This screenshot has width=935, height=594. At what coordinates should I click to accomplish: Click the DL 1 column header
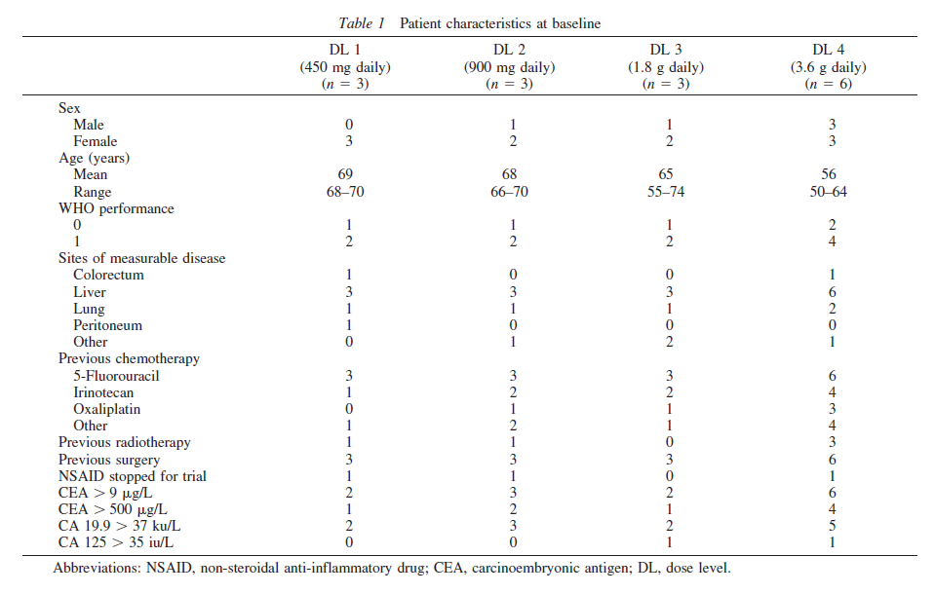345,50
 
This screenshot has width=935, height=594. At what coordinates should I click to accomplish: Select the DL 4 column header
829,50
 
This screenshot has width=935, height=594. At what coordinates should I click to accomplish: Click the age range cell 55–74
666,192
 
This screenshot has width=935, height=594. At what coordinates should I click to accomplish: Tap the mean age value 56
829,174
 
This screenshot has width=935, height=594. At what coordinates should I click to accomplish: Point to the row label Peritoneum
108,325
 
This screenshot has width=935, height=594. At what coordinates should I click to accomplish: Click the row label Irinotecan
103,392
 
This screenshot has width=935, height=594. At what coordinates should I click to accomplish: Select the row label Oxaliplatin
106,409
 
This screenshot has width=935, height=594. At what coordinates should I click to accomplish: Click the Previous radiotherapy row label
125,443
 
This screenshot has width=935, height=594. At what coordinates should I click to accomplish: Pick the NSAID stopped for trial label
133,476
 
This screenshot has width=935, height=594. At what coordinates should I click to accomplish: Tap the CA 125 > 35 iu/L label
116,542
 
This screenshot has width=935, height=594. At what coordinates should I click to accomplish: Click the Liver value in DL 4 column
833,292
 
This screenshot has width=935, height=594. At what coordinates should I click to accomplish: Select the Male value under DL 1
349,125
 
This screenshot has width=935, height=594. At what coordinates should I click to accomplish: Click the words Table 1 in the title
362,23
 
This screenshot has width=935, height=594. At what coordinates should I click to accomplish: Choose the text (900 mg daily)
509,67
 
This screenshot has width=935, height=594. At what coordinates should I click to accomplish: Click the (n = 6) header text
829,84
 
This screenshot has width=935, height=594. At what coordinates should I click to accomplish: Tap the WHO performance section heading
116,208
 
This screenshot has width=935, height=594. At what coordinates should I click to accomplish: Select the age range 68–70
345,192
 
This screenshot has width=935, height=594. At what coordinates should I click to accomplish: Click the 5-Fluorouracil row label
116,376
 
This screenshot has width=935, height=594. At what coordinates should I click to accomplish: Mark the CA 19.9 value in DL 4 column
833,526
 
